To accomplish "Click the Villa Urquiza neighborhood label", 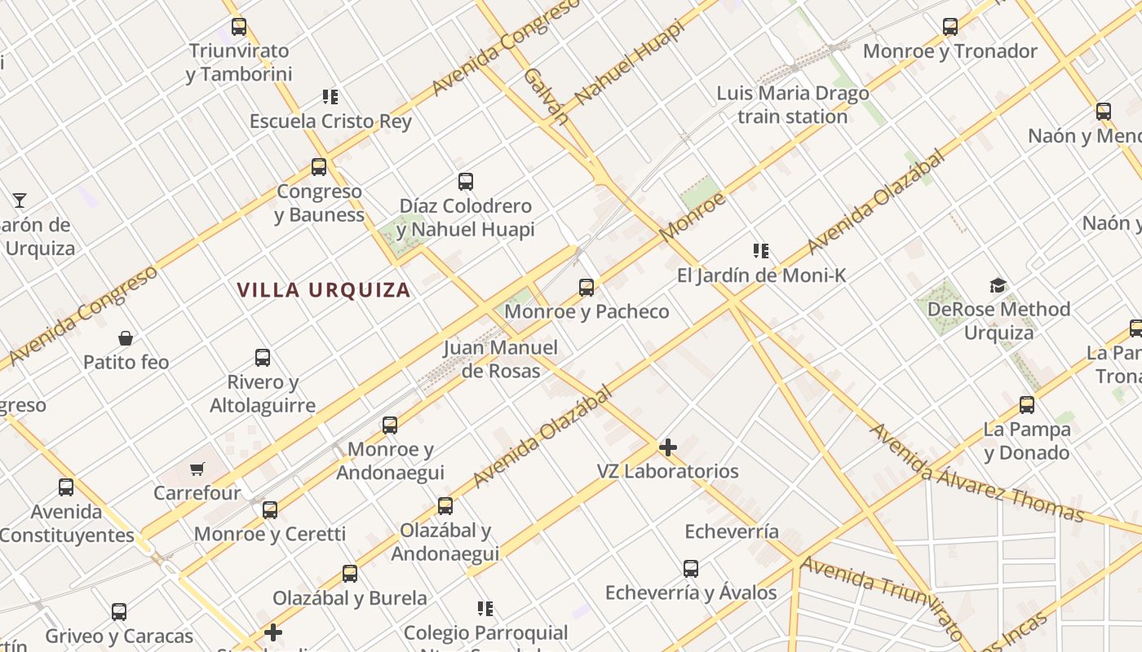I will pos(324,290).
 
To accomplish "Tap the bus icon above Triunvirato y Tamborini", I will pos(238,27).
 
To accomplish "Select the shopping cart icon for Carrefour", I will pos(197,469).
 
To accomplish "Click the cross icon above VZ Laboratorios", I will pos(667,447).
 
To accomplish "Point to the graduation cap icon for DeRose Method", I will pos(998,285).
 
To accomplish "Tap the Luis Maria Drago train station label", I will pos(792,105).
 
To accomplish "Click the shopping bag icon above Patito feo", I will pos(126,337).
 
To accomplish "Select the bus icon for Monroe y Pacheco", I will pos(586,287).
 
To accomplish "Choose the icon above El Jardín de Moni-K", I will pos(760,251).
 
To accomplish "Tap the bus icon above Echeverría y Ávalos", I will pos(690,568).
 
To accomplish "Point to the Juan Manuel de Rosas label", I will pos(501,359).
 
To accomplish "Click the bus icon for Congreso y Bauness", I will pos(318,167).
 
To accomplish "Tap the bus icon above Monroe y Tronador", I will pos(949,27).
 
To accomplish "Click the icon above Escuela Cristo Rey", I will pos(330,97).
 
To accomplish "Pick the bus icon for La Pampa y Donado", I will pos(1026,405).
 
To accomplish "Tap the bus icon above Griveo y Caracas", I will pos(118,611).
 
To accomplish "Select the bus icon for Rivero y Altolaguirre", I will pos(262,357).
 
